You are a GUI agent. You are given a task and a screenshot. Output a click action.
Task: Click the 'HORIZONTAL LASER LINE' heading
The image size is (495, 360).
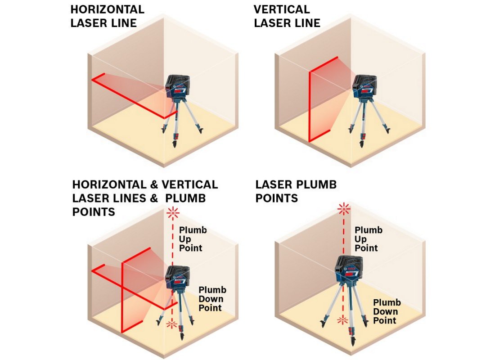click(x=108, y=16)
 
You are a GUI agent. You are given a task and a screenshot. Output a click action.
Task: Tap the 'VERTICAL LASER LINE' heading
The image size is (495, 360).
click(x=287, y=16)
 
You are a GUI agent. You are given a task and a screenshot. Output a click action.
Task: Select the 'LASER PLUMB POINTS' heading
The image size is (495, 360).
click(x=296, y=191)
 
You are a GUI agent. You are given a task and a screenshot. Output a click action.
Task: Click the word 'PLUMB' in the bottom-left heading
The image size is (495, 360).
click(x=185, y=198)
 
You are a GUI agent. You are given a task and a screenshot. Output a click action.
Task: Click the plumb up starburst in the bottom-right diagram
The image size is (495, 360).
click(x=344, y=209)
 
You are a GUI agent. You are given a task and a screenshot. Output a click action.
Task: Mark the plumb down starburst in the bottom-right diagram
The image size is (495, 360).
click(x=342, y=320)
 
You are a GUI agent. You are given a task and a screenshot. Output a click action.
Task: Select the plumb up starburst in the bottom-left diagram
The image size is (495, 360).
click(x=173, y=213)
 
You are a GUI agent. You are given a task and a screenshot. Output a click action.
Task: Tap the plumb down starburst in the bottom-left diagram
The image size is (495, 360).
click(x=172, y=324)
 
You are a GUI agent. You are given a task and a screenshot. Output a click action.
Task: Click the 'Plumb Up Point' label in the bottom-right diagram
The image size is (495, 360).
click(x=369, y=239)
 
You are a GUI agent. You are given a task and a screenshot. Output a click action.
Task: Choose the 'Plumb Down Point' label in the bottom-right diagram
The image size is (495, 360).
click(x=387, y=311)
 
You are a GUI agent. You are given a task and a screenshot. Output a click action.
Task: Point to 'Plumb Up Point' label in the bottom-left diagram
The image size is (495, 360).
click(x=193, y=239)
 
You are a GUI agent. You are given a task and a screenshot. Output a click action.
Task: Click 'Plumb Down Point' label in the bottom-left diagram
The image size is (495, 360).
click(x=212, y=299)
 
